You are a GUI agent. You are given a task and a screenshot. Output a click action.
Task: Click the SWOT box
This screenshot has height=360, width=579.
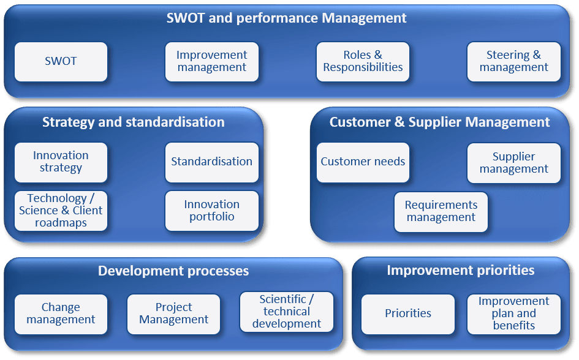61,62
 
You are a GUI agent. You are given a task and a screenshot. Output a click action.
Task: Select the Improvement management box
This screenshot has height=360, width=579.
211,62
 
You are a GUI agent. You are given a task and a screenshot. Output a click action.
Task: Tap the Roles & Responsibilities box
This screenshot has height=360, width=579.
363,62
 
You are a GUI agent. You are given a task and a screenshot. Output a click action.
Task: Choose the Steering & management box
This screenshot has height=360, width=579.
513,62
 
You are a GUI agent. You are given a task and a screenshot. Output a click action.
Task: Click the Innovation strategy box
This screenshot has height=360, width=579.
61,162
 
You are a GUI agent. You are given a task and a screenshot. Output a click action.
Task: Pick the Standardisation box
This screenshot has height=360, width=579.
211,162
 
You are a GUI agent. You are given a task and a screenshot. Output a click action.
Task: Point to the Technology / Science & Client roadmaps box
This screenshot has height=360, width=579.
61,211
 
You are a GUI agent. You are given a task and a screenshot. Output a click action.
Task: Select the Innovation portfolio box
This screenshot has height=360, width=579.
211,211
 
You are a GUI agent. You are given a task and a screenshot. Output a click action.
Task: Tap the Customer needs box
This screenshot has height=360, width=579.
363,162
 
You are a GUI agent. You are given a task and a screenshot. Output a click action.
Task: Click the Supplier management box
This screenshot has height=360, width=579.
513,163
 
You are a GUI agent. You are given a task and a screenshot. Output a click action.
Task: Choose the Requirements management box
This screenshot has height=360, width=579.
441,212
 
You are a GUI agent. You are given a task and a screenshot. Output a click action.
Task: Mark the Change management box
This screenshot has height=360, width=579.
61,314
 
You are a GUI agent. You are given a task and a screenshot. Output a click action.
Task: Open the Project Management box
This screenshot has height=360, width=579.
173,314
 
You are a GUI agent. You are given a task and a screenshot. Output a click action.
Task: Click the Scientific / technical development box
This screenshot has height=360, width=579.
287,312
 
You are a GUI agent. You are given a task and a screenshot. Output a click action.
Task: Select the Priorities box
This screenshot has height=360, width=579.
407,314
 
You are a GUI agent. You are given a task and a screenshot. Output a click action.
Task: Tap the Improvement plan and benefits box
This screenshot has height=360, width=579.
513,314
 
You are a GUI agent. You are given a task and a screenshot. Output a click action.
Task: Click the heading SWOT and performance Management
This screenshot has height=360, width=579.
286,18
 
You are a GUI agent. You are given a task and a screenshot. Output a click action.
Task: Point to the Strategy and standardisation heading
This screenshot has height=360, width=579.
134,122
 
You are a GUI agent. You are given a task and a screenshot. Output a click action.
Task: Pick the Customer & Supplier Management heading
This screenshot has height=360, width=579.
439,122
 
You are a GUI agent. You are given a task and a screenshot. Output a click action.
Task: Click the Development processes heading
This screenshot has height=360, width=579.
173,271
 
